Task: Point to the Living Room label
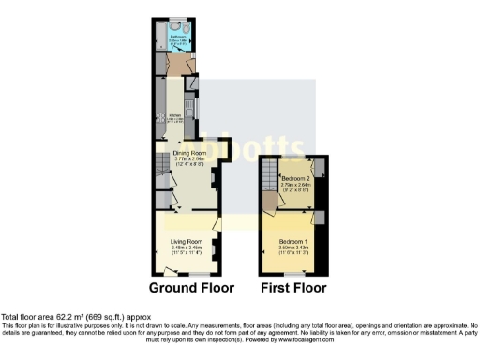(185, 241)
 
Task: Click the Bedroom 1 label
(294, 241)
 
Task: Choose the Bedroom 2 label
(295, 177)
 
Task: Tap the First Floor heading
(293, 288)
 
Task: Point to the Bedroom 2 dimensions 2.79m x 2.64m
(295, 184)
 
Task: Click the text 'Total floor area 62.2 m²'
(47, 317)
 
